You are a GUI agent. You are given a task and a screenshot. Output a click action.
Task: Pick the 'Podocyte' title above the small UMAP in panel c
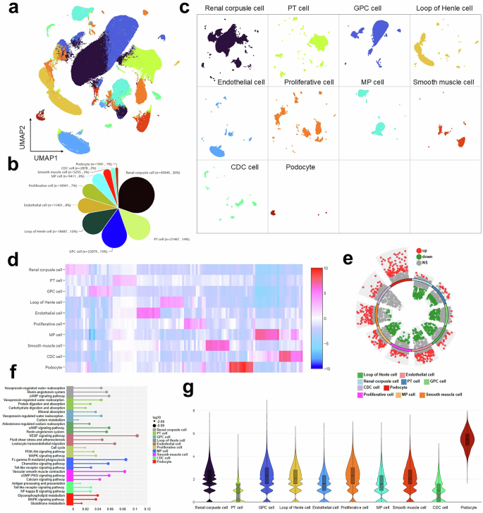coord(302,168)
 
